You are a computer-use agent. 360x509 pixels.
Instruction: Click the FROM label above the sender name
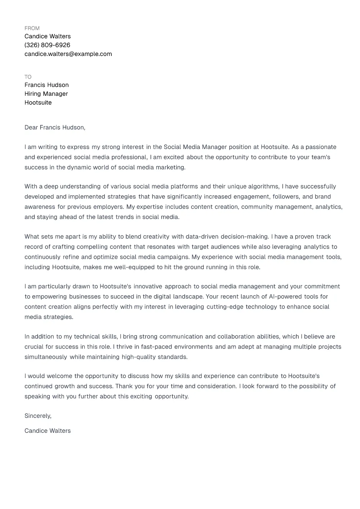(x=32, y=28)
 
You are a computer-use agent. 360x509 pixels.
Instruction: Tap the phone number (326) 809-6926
(x=47, y=45)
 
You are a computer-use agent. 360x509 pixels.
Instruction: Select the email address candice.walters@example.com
(x=68, y=54)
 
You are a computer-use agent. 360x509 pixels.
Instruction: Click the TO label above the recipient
(x=28, y=77)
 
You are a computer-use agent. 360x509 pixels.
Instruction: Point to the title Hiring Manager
(x=46, y=94)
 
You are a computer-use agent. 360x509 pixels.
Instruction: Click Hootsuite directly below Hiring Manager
(x=38, y=103)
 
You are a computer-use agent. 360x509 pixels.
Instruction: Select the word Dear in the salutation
(x=31, y=128)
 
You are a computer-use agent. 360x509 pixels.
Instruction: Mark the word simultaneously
(x=46, y=357)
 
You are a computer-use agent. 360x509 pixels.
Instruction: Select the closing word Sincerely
(x=38, y=416)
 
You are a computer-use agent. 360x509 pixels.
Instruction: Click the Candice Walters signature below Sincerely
(x=47, y=431)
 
